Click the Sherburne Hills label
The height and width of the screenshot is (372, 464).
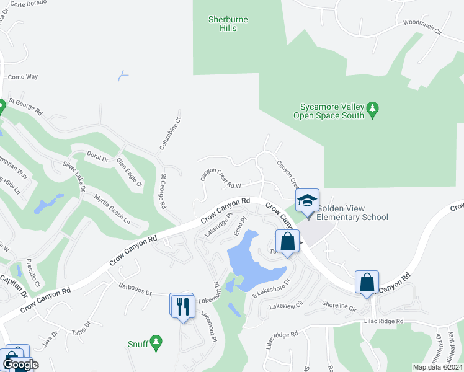click(x=228, y=24)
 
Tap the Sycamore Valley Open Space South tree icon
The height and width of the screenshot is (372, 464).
click(x=372, y=110)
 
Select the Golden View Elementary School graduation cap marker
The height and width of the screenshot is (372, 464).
click(x=306, y=201)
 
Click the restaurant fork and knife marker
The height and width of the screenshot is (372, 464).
click(x=183, y=307)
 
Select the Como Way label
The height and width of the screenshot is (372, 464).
click(x=23, y=77)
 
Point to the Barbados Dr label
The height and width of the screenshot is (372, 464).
click(x=135, y=290)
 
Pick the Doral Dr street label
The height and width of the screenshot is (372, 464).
click(x=97, y=156)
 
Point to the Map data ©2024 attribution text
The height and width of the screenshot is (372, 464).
click(x=437, y=367)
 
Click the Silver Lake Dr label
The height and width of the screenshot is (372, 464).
click(x=74, y=176)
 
